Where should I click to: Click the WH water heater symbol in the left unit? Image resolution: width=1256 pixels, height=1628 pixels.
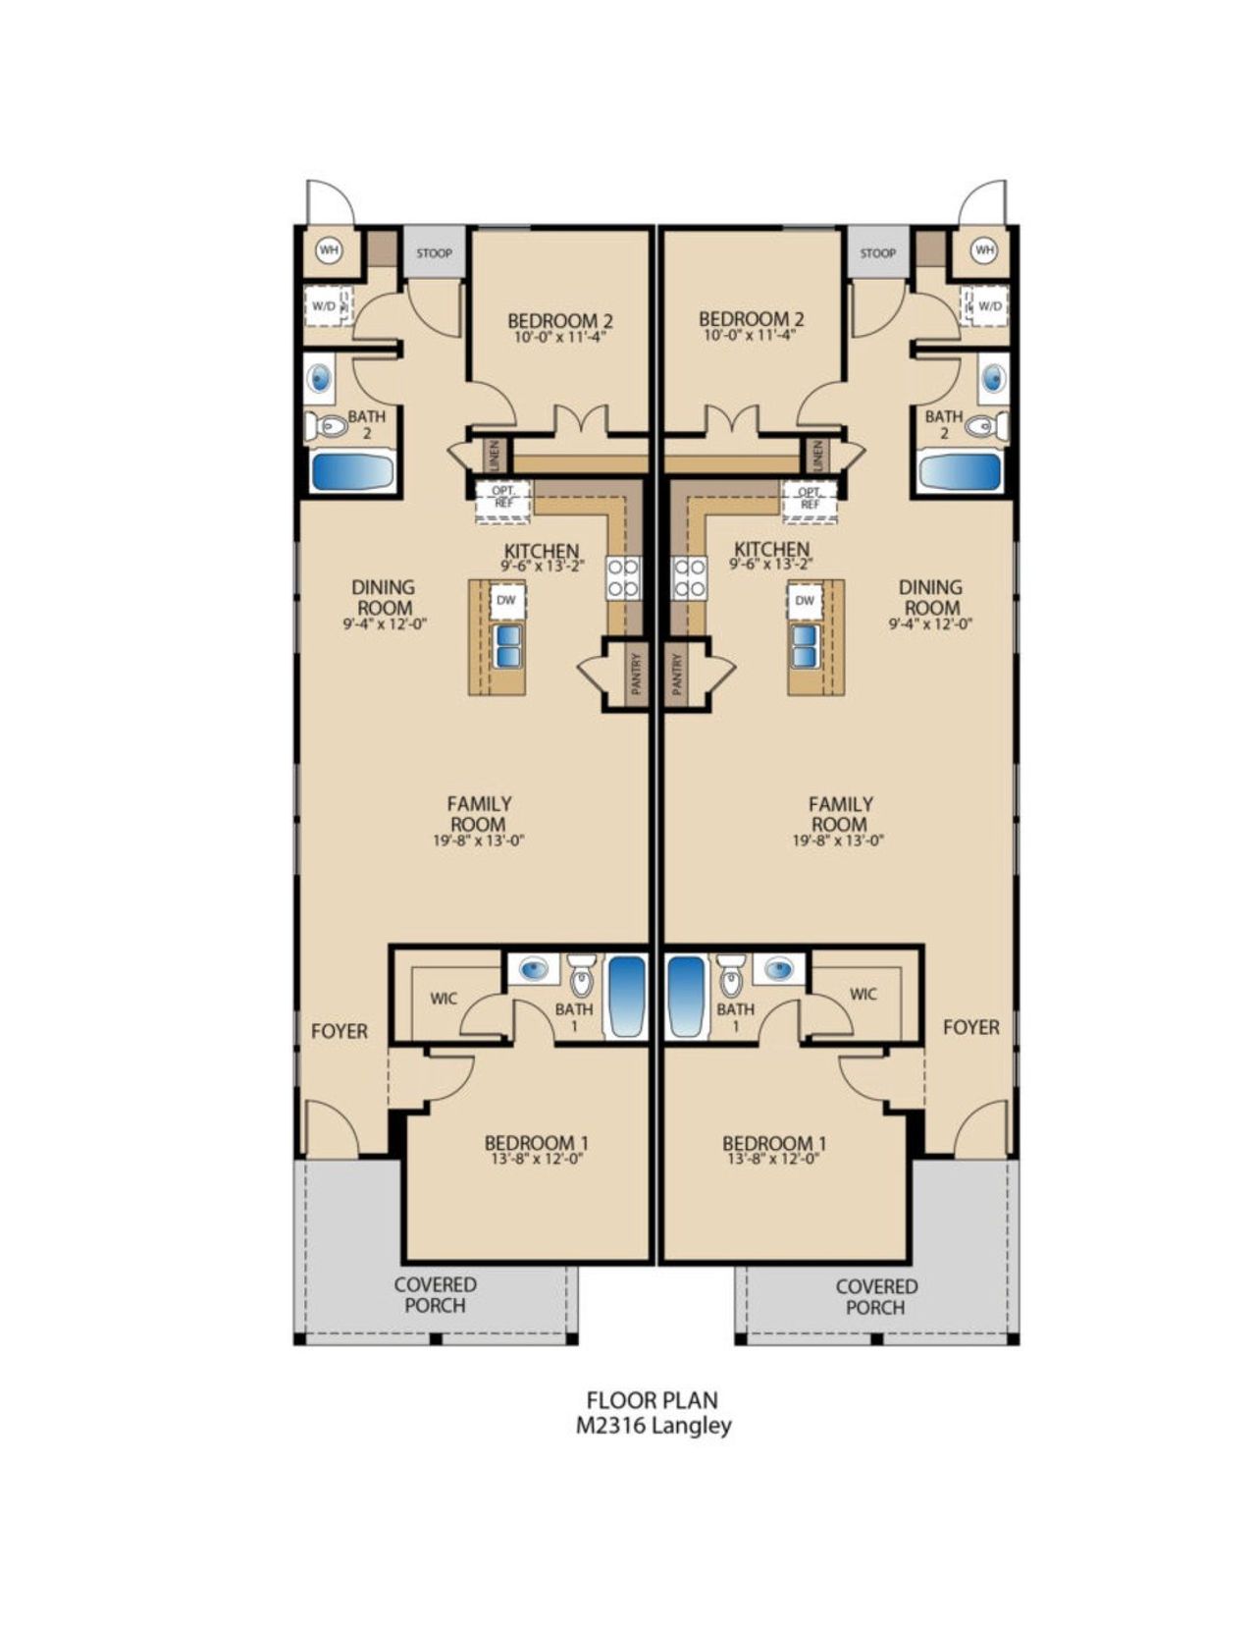coord(329,250)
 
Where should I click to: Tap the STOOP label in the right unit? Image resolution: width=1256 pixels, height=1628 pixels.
coord(877,253)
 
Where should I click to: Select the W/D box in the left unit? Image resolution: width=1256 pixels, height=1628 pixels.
coord(325,305)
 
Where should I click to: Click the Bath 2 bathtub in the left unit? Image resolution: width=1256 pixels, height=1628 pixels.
coord(352,471)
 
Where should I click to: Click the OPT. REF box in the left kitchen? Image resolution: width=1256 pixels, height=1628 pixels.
coord(503,497)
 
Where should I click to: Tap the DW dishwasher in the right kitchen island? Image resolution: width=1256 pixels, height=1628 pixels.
coord(805,600)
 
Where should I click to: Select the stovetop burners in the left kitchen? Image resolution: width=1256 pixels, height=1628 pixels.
coord(623,577)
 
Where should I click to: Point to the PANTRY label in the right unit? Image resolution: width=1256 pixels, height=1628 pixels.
coord(677,675)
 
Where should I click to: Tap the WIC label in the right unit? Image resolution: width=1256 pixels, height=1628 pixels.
coord(863,995)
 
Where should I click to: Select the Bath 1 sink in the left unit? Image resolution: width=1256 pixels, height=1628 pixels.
coord(533,970)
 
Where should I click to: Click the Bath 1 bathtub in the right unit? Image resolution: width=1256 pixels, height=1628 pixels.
coord(686,996)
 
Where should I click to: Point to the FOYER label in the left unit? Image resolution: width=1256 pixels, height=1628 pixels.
coord(340,1031)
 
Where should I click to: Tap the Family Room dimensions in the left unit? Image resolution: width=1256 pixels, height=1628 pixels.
coord(479,841)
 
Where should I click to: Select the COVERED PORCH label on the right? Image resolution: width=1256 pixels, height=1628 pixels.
coord(875,1296)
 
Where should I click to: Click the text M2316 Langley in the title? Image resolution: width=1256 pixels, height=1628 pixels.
coord(654,1426)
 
